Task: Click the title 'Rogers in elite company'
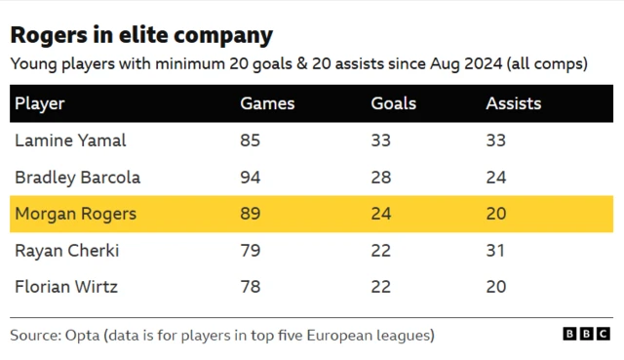click(140, 36)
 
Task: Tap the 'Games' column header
click(267, 103)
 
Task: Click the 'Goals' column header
click(393, 103)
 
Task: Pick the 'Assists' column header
click(513, 103)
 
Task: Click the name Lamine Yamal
click(70, 140)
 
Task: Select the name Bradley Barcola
click(77, 178)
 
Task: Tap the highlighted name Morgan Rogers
click(75, 215)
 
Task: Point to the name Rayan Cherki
click(66, 251)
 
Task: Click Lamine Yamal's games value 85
click(250, 140)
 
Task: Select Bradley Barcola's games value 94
click(250, 178)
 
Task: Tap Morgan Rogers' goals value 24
click(380, 215)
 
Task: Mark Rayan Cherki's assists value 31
click(495, 251)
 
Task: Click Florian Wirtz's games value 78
click(250, 288)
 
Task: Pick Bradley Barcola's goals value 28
click(380, 178)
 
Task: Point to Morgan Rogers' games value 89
click(250, 215)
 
